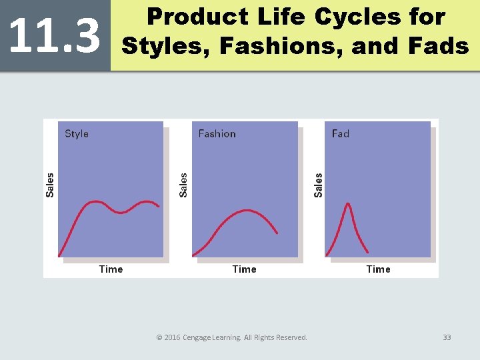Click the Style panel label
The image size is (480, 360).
tap(77, 134)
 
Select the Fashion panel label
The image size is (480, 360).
tap(217, 134)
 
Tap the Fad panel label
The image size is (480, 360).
tap(340, 134)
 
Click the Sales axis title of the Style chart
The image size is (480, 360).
tap(50, 185)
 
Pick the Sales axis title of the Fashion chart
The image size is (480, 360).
tap(183, 185)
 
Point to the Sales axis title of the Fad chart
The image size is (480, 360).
tap(318, 185)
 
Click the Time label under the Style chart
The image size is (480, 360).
tap(111, 269)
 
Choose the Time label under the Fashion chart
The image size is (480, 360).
tap(244, 269)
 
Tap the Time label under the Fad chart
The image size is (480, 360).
tap(378, 269)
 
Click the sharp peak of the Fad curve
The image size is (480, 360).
tap(347, 204)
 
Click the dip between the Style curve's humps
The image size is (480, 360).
tap(121, 212)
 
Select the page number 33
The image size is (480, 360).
tap(447, 337)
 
